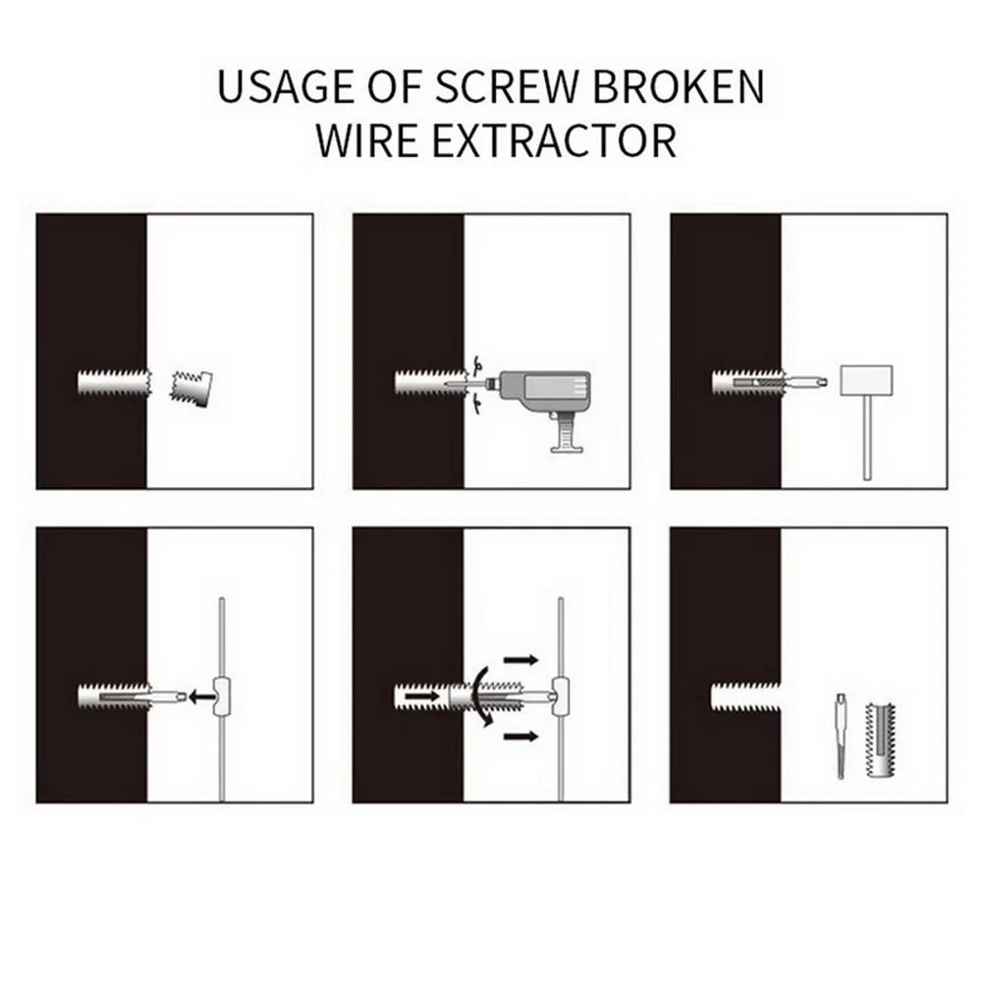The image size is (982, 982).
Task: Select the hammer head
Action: pos(865,377)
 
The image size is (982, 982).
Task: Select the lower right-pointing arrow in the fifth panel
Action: pos(519,735)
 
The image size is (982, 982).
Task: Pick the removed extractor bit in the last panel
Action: pos(843,736)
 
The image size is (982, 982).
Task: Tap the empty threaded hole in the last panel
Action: pos(746,697)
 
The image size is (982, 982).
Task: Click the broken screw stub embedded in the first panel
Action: pos(114,380)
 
